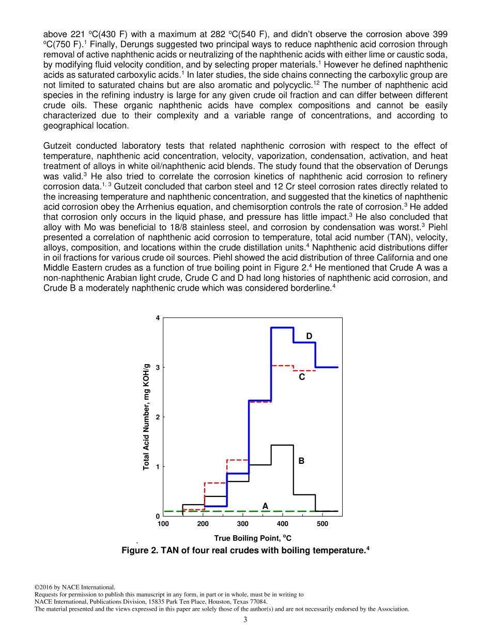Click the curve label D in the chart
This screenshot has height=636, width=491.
(309, 337)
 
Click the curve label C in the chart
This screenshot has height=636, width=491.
(302, 377)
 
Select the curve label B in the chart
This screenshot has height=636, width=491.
(301, 460)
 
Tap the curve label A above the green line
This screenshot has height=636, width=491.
(265, 506)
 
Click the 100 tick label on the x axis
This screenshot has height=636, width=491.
(163, 524)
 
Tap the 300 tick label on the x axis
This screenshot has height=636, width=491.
(243, 524)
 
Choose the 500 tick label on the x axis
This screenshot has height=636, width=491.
(323, 524)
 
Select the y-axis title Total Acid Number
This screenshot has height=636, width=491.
(147, 416)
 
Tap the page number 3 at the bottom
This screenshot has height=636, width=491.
(245, 619)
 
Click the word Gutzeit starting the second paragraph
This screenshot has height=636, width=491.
(58, 146)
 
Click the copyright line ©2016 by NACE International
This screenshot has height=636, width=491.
(75, 587)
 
